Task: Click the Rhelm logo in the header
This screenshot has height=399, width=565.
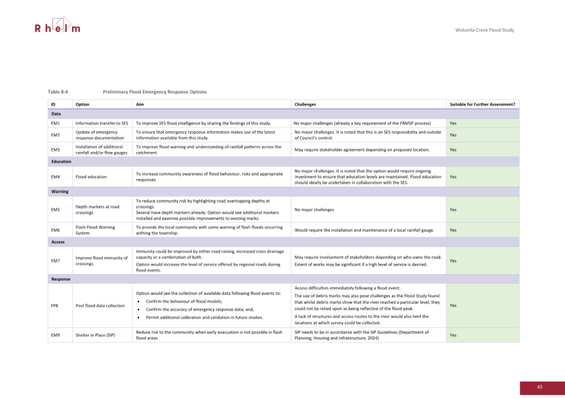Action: [57, 27]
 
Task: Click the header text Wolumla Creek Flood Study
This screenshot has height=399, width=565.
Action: [485, 30]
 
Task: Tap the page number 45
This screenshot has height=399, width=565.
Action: [540, 387]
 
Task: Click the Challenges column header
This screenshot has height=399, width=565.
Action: [307, 104]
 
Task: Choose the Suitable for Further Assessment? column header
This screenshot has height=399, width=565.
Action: [482, 104]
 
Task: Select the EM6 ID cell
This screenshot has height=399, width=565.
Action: [55, 230]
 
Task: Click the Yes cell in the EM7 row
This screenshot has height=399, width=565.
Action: [453, 261]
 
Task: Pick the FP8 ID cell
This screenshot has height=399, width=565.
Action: [55, 306]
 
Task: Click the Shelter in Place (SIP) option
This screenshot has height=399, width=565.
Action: [95, 335]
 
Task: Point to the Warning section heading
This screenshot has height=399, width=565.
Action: [61, 192]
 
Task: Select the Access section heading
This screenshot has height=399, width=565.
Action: [59, 242]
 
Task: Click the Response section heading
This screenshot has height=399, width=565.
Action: [61, 279]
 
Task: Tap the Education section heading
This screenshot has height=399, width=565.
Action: [62, 162]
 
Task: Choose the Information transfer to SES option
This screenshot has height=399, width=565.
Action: [102, 123]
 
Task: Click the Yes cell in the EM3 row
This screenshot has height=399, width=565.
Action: [453, 149]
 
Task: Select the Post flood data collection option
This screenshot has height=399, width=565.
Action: [100, 306]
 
